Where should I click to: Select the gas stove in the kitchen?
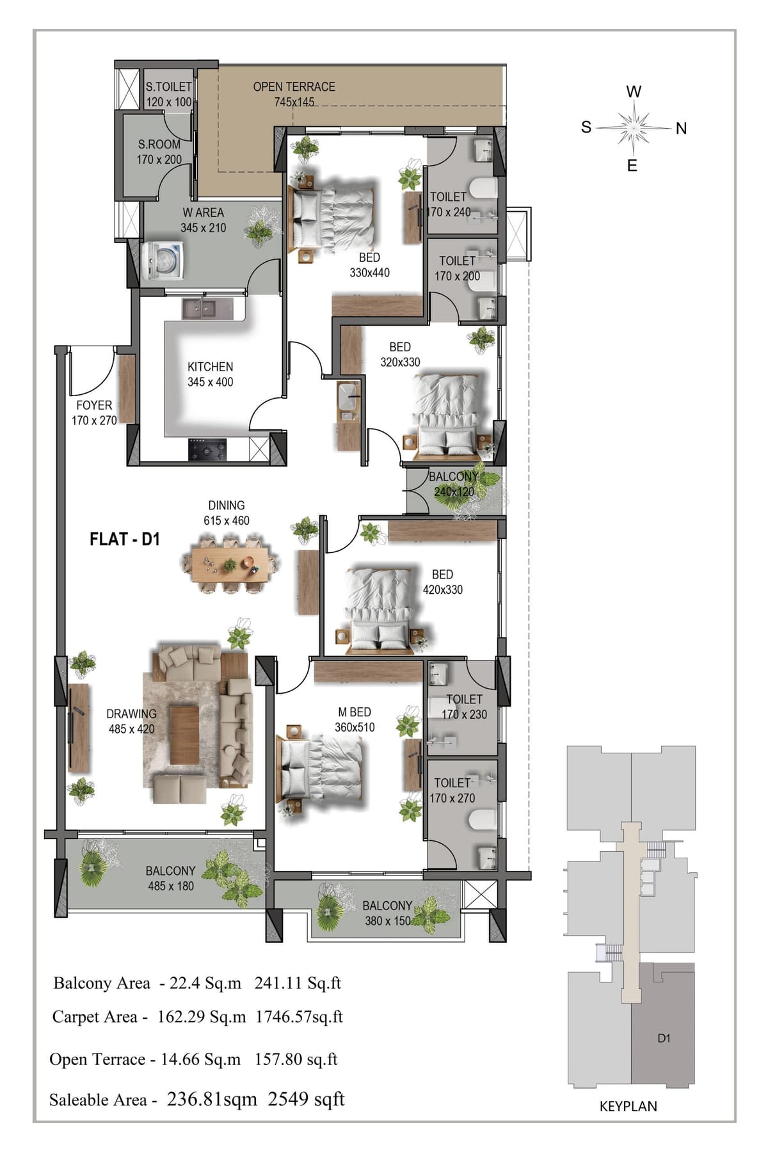coord(207,449)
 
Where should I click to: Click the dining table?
coord(229,563)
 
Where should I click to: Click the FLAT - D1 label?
coord(124,539)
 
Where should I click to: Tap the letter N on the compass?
coord(681,129)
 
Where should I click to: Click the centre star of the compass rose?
coord(633,128)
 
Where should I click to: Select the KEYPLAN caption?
coord(628,1106)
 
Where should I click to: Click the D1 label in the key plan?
coord(664,1038)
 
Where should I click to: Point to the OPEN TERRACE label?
coord(294,86)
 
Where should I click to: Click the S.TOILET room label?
coord(168,86)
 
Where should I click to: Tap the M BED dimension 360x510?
coord(355,727)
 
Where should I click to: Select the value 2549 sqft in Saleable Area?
coord(306,1099)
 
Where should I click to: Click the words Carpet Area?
coord(95,1016)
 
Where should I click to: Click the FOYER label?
coord(94,405)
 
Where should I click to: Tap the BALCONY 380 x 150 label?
coord(387,913)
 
